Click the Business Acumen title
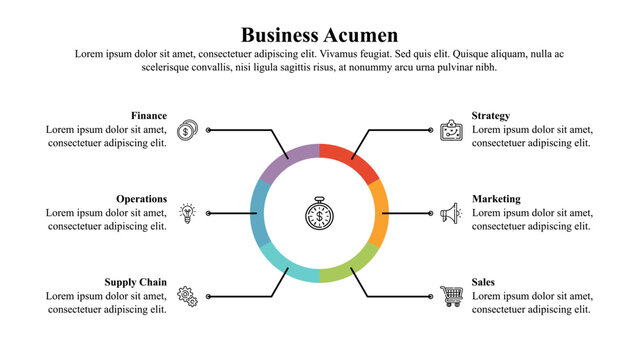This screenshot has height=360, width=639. click(319, 35)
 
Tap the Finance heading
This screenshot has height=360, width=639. click(149, 115)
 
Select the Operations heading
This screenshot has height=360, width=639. click(141, 199)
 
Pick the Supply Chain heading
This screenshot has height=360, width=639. click(136, 282)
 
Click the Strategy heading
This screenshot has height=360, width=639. click(491, 115)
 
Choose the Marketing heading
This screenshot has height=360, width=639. click(496, 199)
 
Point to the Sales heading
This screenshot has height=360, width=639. click(483, 282)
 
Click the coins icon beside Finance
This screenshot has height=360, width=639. click(186, 130)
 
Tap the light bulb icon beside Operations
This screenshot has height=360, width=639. click(186, 213)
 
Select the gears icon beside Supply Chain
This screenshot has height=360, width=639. click(186, 296)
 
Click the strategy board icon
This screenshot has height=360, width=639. click(452, 130)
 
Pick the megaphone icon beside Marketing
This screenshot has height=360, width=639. click(451, 213)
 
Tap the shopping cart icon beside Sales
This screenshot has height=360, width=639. click(452, 296)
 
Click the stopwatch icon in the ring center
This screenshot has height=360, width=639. click(319, 213)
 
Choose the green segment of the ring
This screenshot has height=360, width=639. click(350, 267)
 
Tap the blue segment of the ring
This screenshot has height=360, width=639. click(259, 213)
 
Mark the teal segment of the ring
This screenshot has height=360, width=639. click(289, 267)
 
